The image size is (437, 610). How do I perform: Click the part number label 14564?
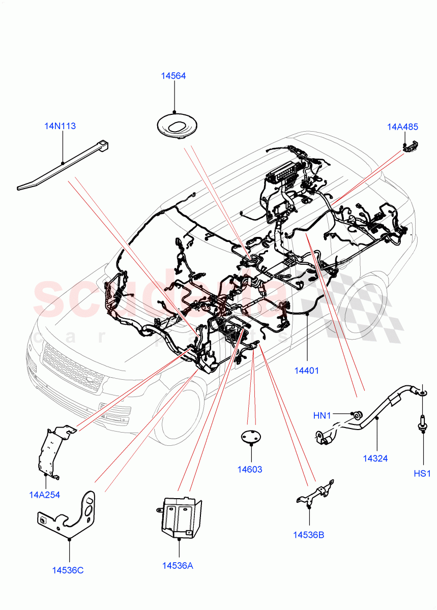pos(173,76)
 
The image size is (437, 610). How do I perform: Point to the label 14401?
pos(306,371)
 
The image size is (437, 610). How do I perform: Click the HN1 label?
pos(322,416)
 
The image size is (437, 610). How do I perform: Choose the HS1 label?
pos(422,474)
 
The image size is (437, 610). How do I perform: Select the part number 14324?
pos(375,459)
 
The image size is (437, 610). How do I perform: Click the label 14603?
pos(250,469)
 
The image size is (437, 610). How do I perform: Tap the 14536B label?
pos(308,535)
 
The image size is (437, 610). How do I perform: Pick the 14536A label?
pos(178,566)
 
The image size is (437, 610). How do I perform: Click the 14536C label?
pos(68,570)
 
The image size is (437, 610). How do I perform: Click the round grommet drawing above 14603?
pos(249,436)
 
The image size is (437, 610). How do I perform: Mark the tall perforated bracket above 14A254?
pos(52,451)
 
